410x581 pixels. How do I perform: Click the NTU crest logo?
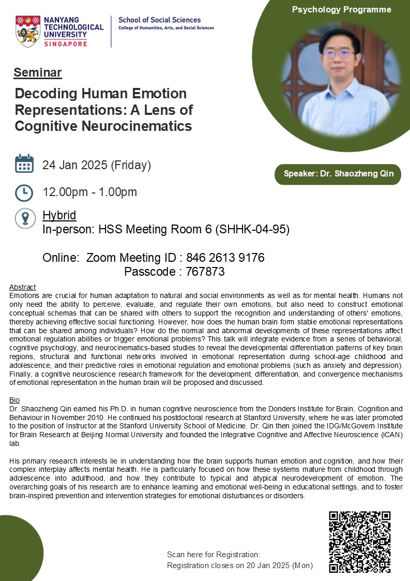point(28,31)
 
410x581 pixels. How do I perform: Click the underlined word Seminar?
point(38,72)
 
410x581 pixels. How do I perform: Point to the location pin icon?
point(25,218)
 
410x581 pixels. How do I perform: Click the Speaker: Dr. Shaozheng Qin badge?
point(338,174)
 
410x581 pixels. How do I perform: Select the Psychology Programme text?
point(341,9)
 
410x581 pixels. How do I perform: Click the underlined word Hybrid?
point(59,215)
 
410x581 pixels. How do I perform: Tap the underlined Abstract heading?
point(23,287)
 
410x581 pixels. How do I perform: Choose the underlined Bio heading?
point(14,400)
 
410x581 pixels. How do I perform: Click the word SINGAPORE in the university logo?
point(66,44)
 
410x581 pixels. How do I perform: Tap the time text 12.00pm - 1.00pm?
point(90,192)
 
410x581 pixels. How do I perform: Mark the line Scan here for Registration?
point(214,555)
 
